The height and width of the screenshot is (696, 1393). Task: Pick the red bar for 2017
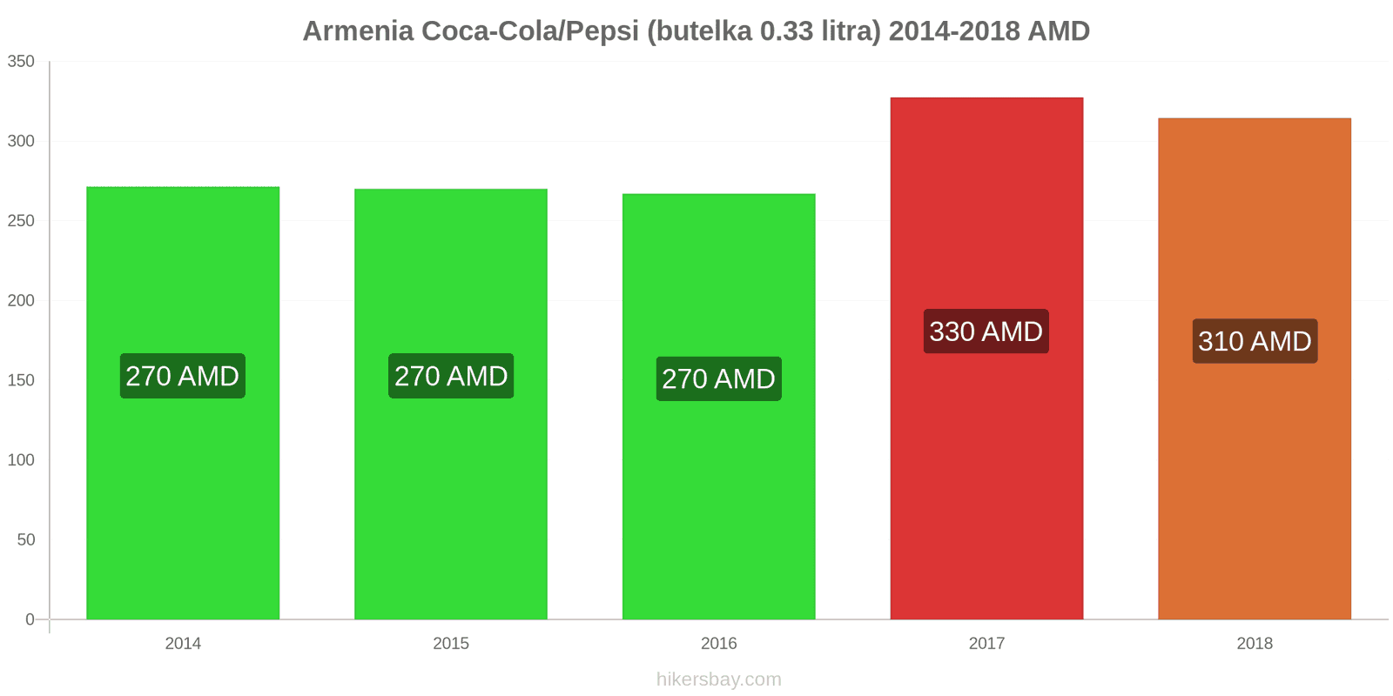click(986, 478)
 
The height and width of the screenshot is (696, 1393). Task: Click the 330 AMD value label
click(986, 331)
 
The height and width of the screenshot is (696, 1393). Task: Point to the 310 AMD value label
click(1255, 341)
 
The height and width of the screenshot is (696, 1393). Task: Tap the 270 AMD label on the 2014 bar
click(183, 376)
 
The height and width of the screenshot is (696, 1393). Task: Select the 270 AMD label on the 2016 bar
click(719, 379)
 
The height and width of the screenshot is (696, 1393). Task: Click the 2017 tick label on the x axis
click(986, 644)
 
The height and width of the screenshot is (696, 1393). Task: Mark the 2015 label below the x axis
click(451, 644)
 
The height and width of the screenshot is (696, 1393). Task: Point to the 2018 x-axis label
click(1255, 644)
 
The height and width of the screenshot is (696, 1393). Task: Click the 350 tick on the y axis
click(21, 62)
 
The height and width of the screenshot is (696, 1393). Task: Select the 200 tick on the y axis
click(21, 301)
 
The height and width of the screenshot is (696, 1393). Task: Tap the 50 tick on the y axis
click(26, 540)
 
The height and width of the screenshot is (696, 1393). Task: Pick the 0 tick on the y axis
click(30, 619)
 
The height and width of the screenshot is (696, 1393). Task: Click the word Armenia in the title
click(358, 31)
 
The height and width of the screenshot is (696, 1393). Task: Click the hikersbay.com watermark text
click(719, 679)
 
